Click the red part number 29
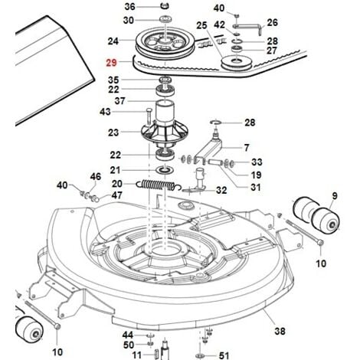pyautogui.click(x=111, y=63)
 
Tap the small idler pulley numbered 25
pyautogui.click(x=236, y=63)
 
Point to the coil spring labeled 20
pyautogui.click(x=159, y=185)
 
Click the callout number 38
pyautogui.click(x=280, y=331)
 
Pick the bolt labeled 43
pyautogui.click(x=149, y=117)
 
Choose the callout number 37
pyautogui.click(x=119, y=101)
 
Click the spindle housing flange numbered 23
pyautogui.click(x=165, y=135)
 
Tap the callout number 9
pyautogui.click(x=335, y=196)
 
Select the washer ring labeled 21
pyautogui.click(x=165, y=170)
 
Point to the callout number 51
pyautogui.click(x=224, y=355)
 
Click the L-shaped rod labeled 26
pyautogui.click(x=247, y=28)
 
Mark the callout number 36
pyautogui.click(x=129, y=6)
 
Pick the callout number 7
pyautogui.click(x=247, y=148)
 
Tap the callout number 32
pyautogui.click(x=221, y=190)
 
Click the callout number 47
pyautogui.click(x=116, y=195)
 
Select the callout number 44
pyautogui.click(x=128, y=335)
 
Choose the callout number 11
pyautogui.click(x=137, y=355)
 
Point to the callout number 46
pyautogui.click(x=96, y=176)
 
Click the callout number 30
pyautogui.click(x=129, y=20)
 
